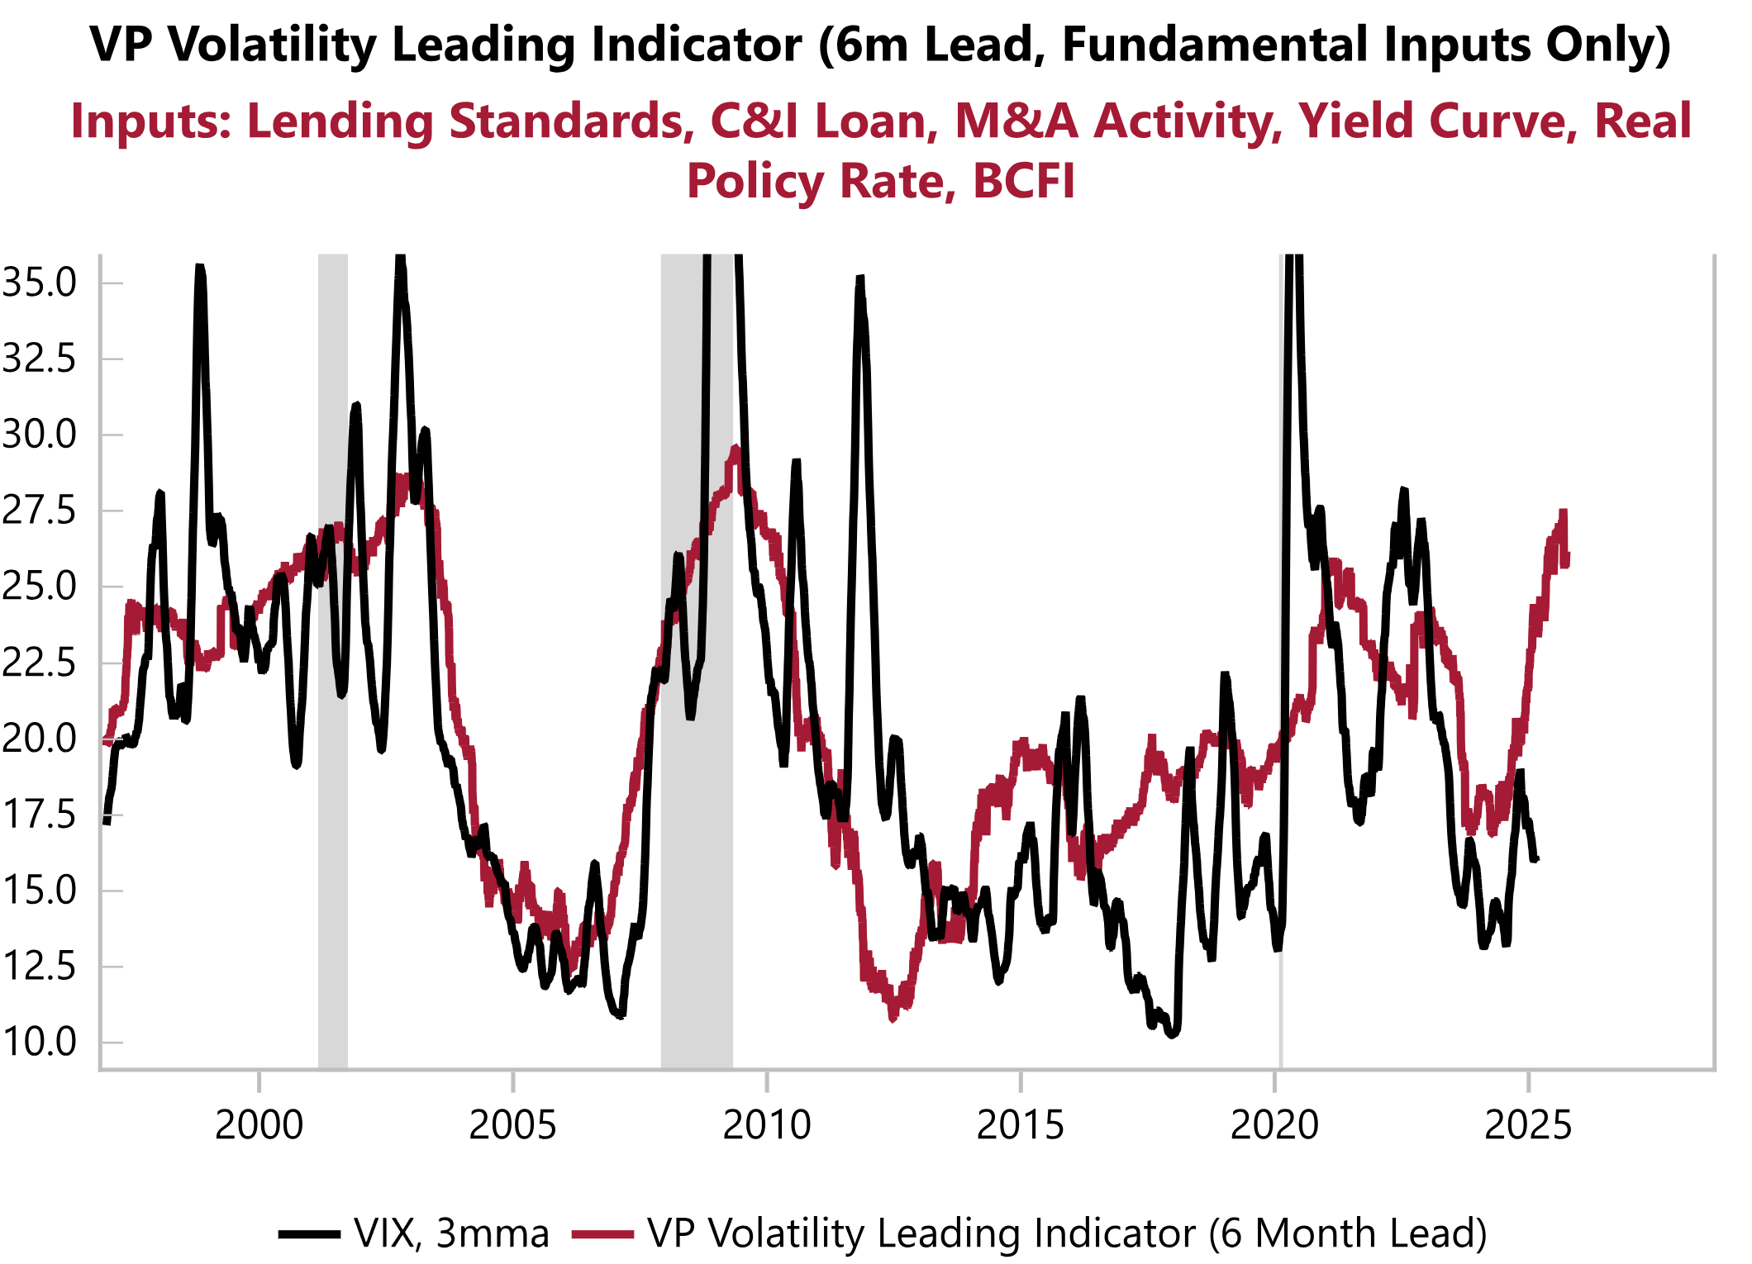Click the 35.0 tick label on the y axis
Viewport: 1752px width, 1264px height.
39,283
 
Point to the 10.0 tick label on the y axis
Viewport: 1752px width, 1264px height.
39,1042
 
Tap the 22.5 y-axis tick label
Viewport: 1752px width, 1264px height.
39,663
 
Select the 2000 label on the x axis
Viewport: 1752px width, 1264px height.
259,1125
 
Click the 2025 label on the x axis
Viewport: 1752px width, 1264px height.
1528,1125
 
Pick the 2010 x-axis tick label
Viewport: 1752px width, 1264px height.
767,1125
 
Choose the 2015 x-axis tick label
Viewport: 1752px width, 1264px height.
1021,1125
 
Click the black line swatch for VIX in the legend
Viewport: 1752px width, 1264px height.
309,1234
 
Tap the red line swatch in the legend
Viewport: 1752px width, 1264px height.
602,1234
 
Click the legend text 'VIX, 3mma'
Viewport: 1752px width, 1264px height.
451,1234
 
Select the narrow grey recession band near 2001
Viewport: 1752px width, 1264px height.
333,661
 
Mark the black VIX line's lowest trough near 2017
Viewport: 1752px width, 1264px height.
1172,1034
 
